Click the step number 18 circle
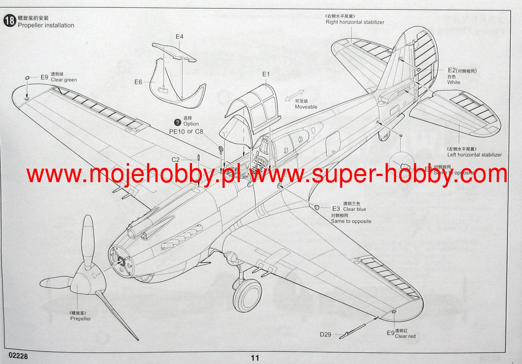click(10, 21)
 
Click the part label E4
click(179, 37)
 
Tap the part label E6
click(138, 82)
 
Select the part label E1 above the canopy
click(266, 74)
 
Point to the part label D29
click(325, 334)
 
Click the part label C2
click(175, 160)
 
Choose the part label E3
click(336, 209)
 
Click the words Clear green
click(64, 80)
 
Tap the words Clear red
click(405, 336)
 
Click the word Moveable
click(306, 107)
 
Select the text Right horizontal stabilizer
click(355, 22)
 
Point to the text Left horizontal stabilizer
click(474, 155)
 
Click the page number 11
click(255, 358)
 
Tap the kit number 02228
click(18, 356)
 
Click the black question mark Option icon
click(178, 122)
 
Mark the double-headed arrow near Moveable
click(295, 95)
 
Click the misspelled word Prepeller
click(81, 319)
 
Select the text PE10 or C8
click(186, 132)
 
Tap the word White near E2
click(454, 82)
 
